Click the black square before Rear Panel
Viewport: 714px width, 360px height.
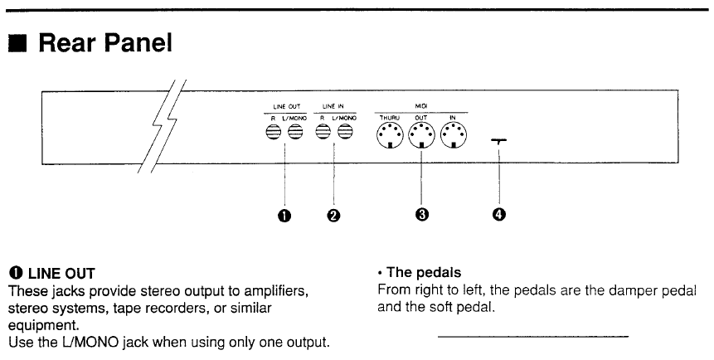coord(16,42)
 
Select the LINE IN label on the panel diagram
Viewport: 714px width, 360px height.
coord(333,107)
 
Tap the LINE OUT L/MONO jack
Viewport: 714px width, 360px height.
coord(295,133)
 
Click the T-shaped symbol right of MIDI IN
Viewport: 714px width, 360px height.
coord(499,142)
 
